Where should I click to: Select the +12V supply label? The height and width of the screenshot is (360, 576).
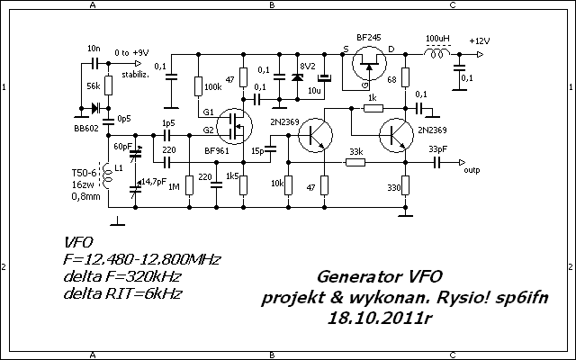pyautogui.click(x=480, y=40)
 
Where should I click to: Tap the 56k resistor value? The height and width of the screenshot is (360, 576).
pyautogui.click(x=93, y=85)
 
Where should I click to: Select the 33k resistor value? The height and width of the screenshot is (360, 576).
pyautogui.click(x=355, y=151)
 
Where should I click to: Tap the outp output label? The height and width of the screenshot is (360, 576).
pyautogui.click(x=472, y=167)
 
